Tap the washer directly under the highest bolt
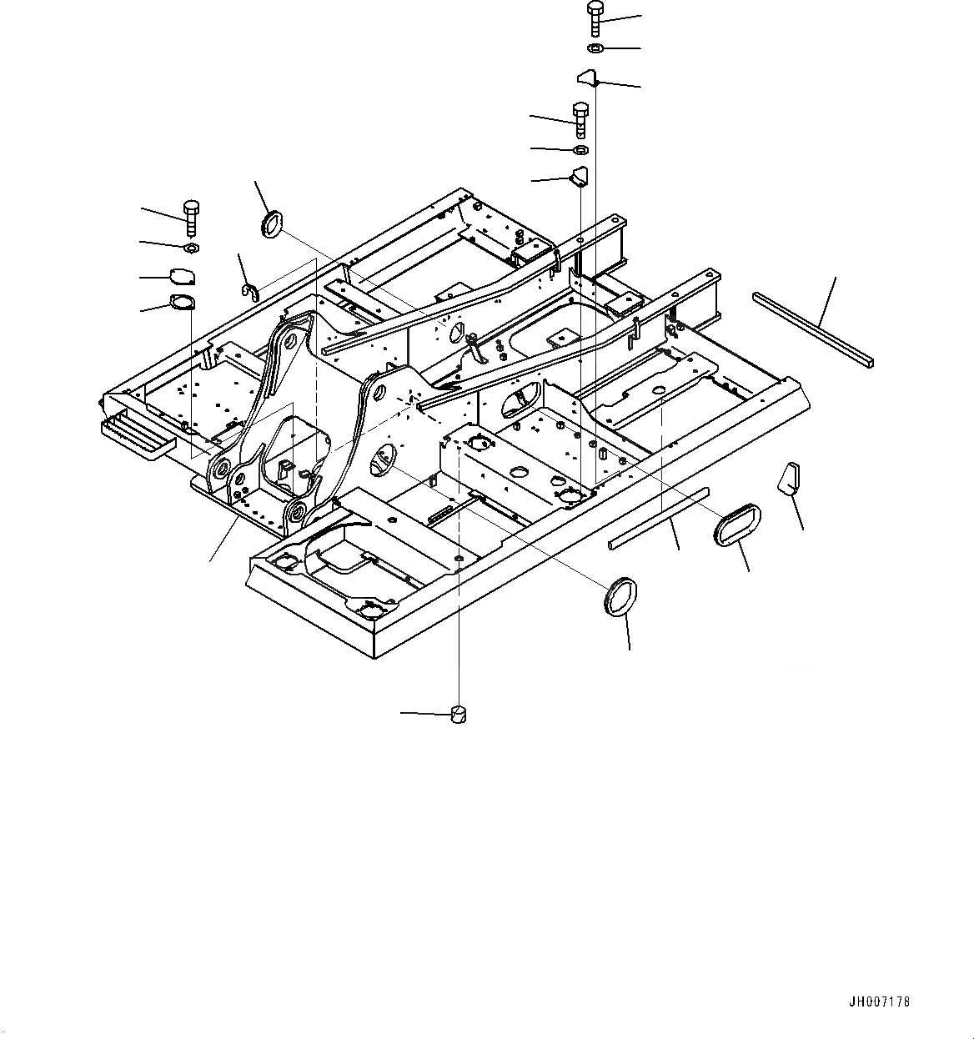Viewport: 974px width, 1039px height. (595, 48)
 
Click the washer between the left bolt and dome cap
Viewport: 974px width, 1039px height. (190, 248)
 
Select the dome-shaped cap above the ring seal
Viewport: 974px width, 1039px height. (182, 276)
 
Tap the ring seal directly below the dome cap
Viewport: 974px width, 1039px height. (182, 302)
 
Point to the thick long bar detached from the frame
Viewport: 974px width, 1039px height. (812, 329)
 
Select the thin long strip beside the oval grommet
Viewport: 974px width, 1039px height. (659, 518)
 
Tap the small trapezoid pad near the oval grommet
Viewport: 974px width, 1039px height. (789, 478)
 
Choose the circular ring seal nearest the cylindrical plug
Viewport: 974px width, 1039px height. (621, 596)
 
